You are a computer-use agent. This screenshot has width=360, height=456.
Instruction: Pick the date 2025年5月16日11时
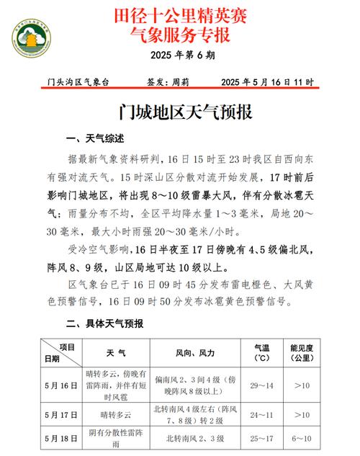tap(267, 83)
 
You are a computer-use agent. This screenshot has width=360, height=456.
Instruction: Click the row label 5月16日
tap(60, 385)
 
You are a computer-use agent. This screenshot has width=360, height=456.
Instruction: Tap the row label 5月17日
tap(60, 416)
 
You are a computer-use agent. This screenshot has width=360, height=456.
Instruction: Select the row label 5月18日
tap(60, 438)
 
